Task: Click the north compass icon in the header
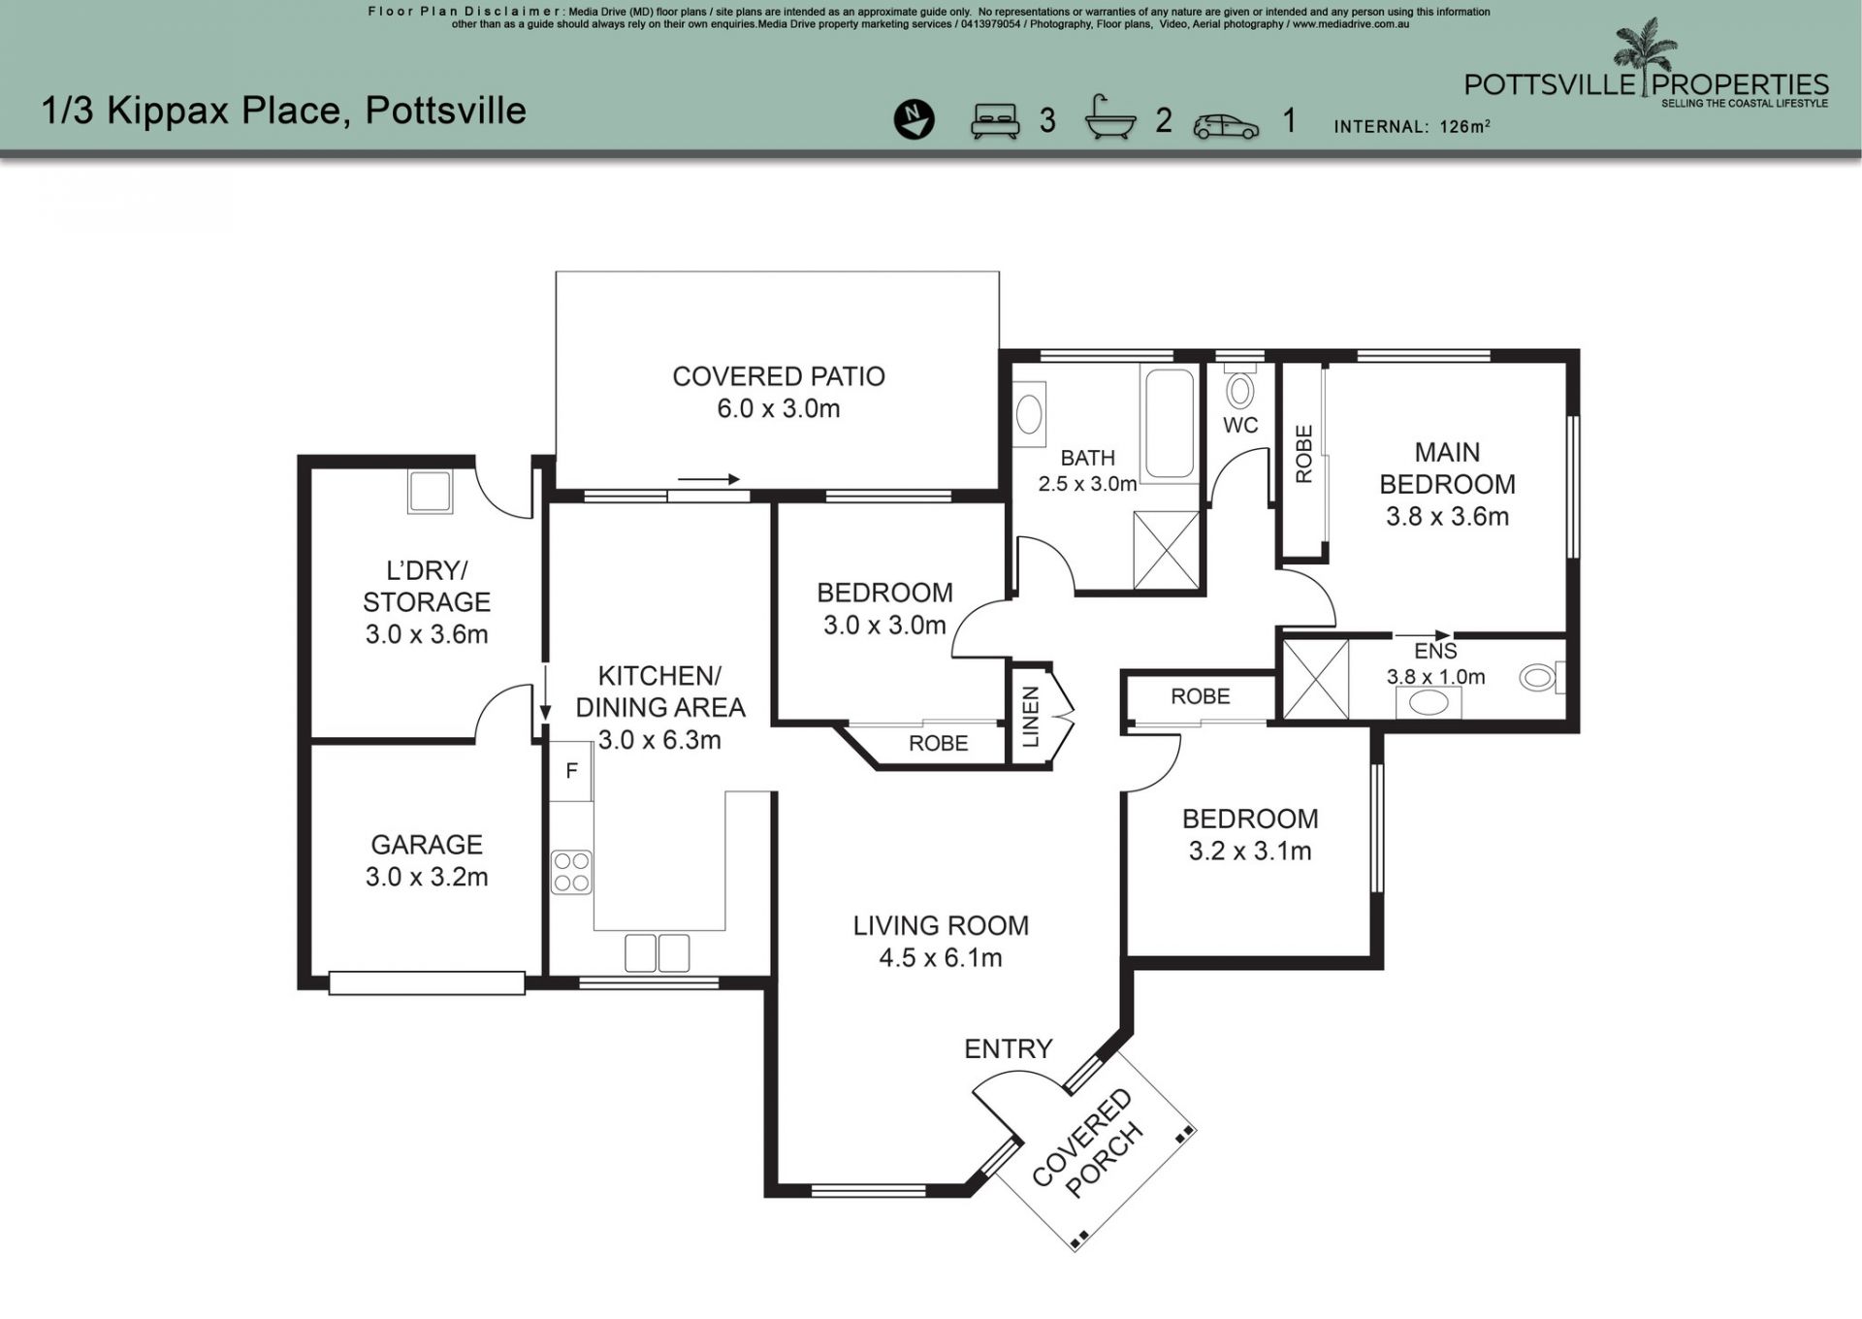pyautogui.click(x=914, y=119)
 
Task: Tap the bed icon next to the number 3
pyautogui.click(x=996, y=120)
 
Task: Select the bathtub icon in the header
pyautogui.click(x=1110, y=118)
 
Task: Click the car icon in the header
pyautogui.click(x=1226, y=126)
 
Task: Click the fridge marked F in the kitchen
pyautogui.click(x=571, y=771)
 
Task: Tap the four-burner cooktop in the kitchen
pyautogui.click(x=571, y=871)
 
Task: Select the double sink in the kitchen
pyautogui.click(x=657, y=952)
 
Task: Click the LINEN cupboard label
pyautogui.click(x=1031, y=717)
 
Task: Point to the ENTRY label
pyautogui.click(x=1008, y=1048)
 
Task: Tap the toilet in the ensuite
pyautogui.click(x=1542, y=677)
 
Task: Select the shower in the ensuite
pyautogui.click(x=1315, y=679)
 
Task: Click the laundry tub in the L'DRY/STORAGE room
pyautogui.click(x=429, y=492)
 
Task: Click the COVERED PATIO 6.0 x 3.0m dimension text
pyautogui.click(x=779, y=408)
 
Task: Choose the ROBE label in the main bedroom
pyautogui.click(x=1303, y=454)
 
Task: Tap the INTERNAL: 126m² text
pyautogui.click(x=1412, y=126)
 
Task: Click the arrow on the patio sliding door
pyautogui.click(x=709, y=479)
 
